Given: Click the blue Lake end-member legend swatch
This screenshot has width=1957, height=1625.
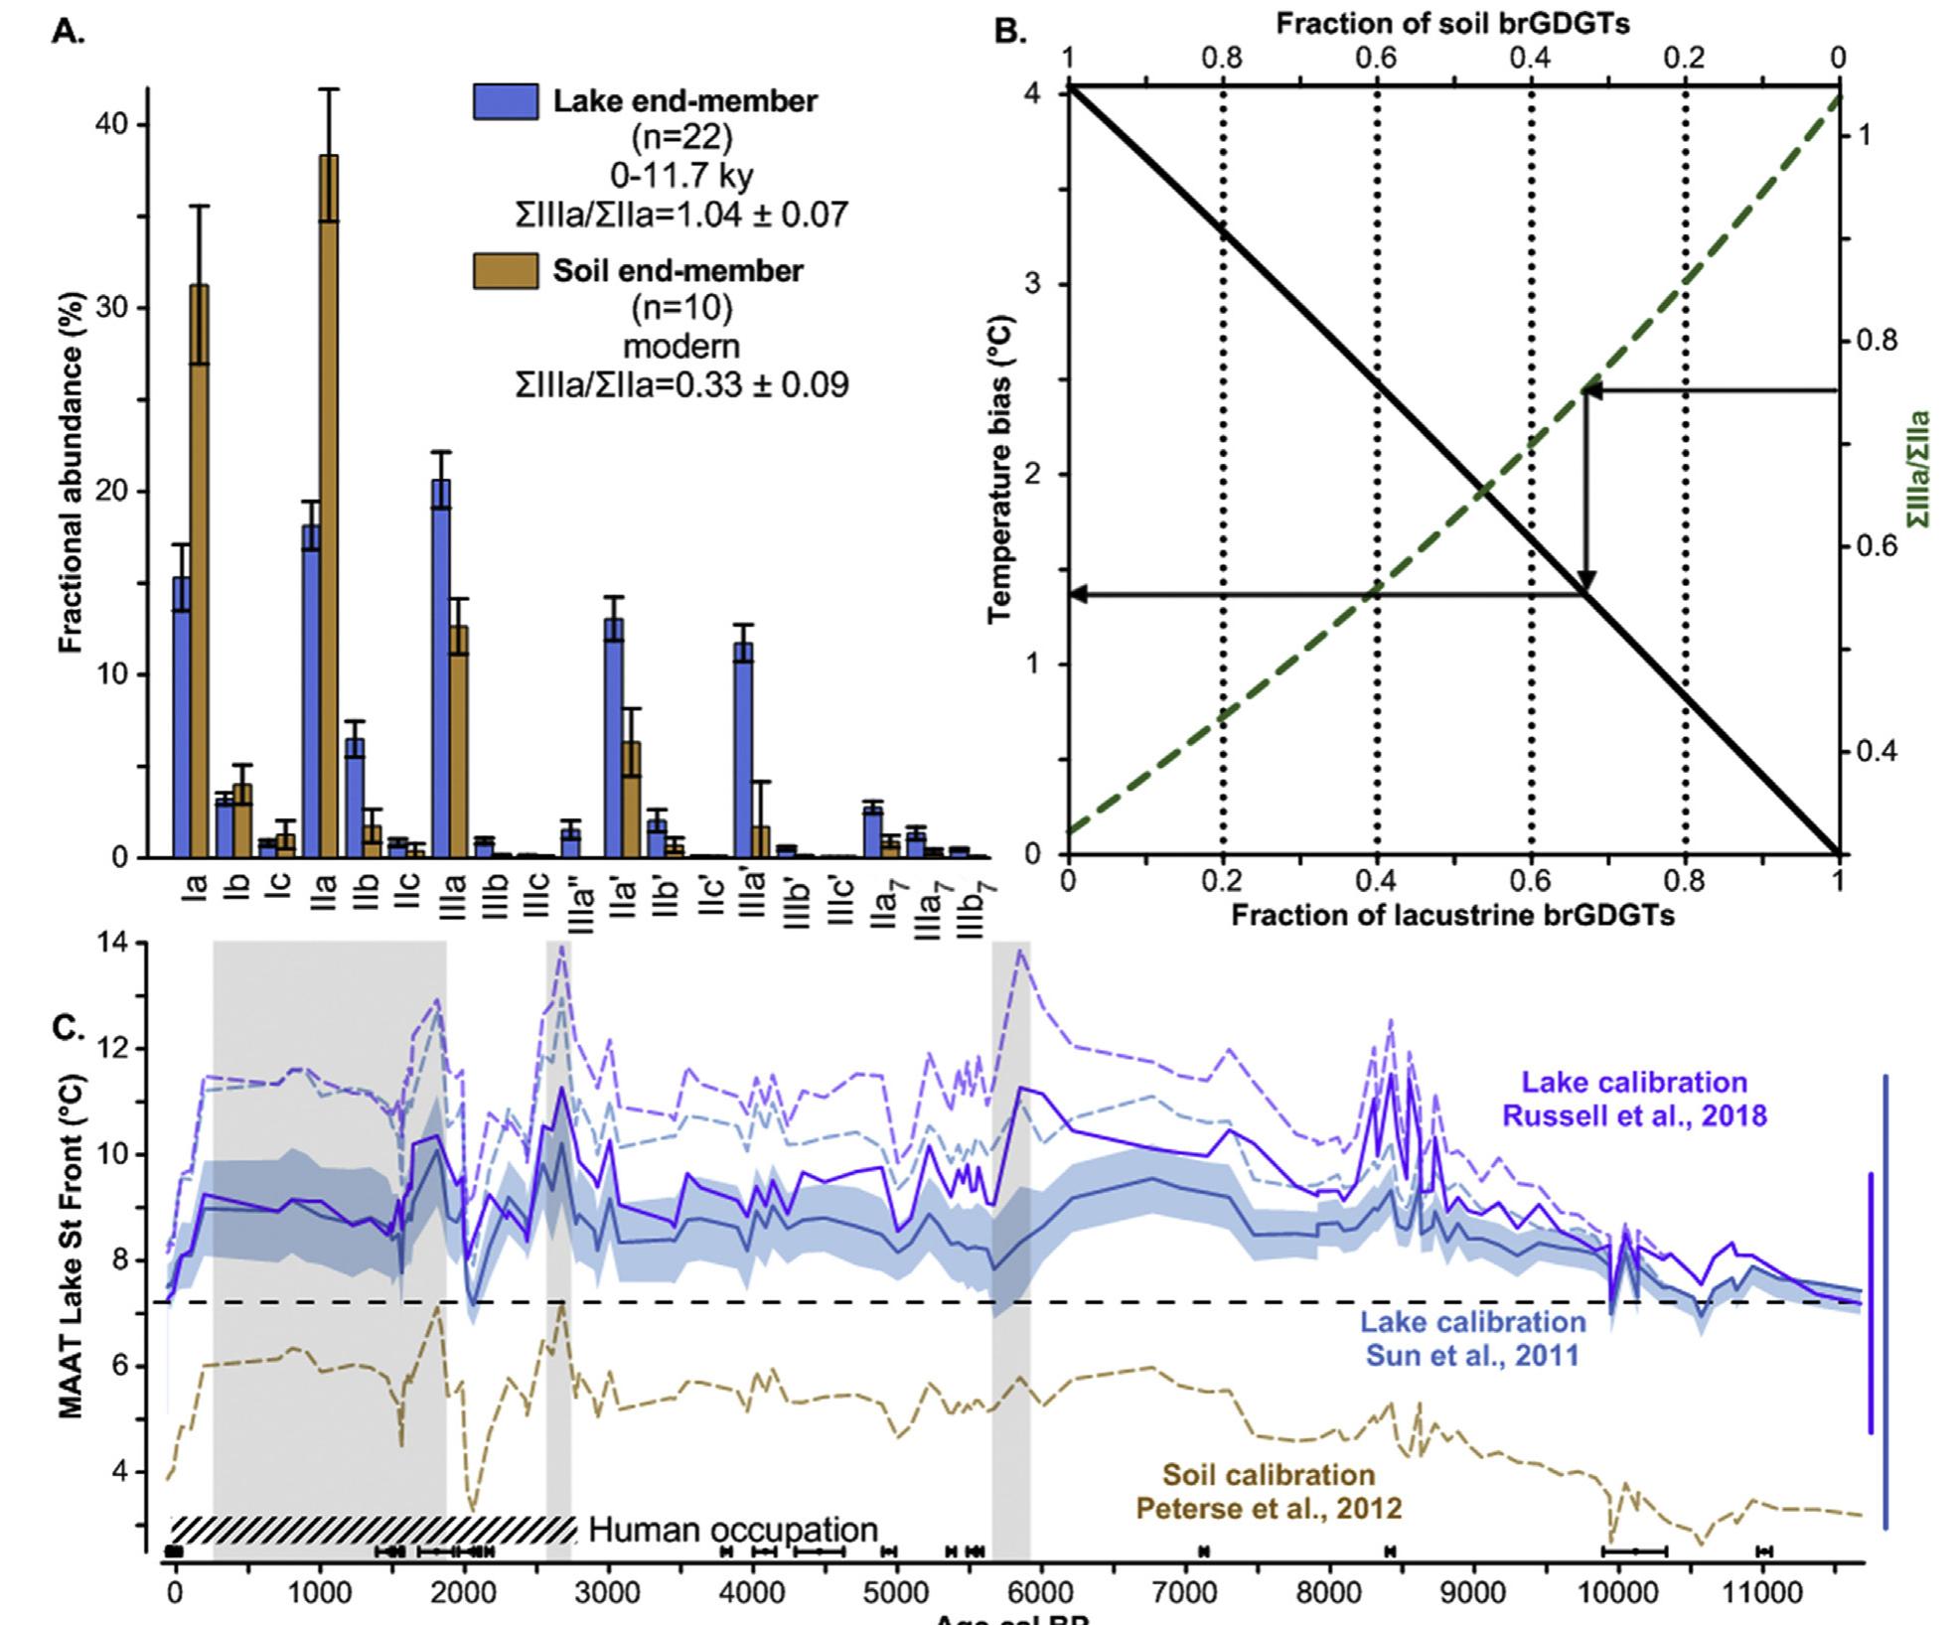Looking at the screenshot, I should point(506,101).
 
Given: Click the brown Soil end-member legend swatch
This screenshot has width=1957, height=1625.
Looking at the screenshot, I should point(506,271).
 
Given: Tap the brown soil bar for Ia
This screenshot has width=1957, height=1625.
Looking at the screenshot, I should point(199,571).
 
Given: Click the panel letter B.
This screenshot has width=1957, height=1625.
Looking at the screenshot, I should point(1009,32).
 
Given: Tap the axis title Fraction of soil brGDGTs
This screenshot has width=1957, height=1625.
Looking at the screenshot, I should point(1452,24).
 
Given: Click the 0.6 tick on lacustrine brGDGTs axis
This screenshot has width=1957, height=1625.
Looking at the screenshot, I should point(1531,880).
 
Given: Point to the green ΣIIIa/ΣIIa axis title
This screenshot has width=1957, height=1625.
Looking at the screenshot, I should point(1919,469).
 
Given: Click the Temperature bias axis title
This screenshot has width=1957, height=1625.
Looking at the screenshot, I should point(1001,469).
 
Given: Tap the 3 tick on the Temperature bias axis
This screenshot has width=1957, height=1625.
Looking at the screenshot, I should point(1031,284).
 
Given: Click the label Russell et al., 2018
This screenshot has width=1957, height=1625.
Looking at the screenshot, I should point(1634,1115).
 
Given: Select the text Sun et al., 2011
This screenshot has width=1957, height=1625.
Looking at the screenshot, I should point(1472,1355).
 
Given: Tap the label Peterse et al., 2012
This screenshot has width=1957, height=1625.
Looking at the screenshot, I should point(1269,1508).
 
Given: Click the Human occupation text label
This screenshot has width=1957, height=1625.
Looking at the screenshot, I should point(733,1529).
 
